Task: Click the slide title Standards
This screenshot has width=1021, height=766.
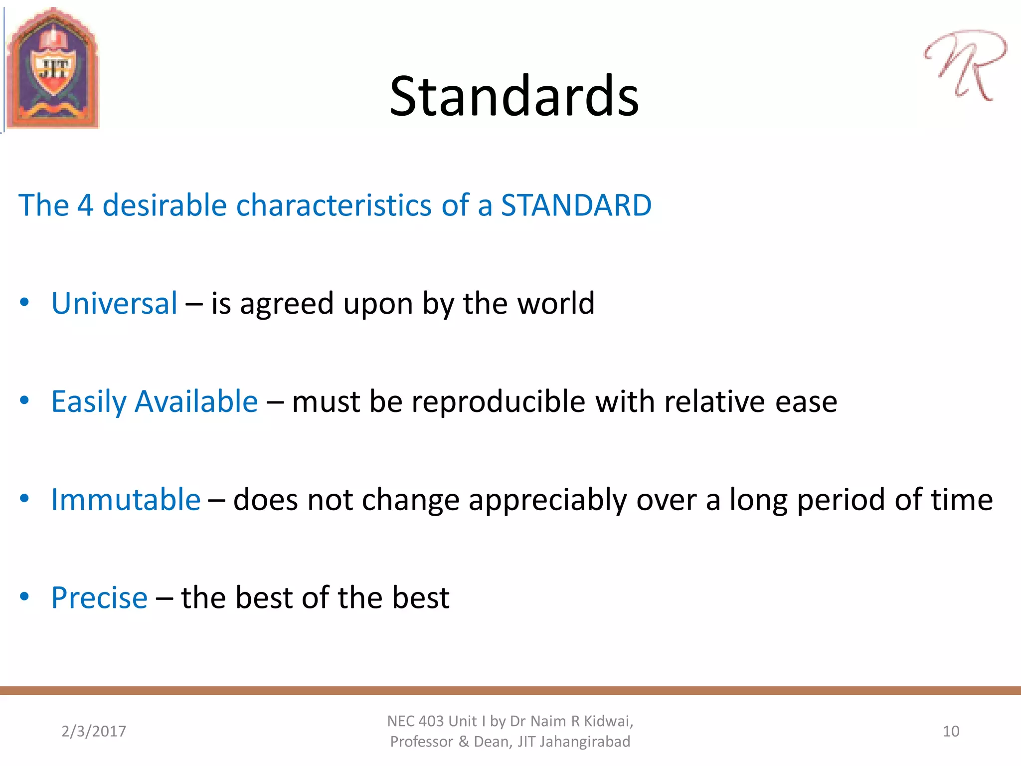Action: [514, 96]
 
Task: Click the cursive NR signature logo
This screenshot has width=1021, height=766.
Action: [965, 65]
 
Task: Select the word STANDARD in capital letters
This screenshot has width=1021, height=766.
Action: [576, 205]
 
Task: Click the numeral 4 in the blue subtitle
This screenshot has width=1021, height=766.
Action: [85, 205]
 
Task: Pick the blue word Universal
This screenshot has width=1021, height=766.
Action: [114, 303]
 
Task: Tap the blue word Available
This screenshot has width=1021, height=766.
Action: [196, 401]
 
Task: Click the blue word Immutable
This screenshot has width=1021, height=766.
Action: [126, 500]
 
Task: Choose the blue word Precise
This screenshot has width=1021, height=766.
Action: [99, 598]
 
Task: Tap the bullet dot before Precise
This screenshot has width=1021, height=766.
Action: [24, 596]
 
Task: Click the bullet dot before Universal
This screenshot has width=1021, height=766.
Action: [24, 302]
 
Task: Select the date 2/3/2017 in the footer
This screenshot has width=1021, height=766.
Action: [94, 731]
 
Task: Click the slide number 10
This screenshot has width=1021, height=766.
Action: [951, 731]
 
